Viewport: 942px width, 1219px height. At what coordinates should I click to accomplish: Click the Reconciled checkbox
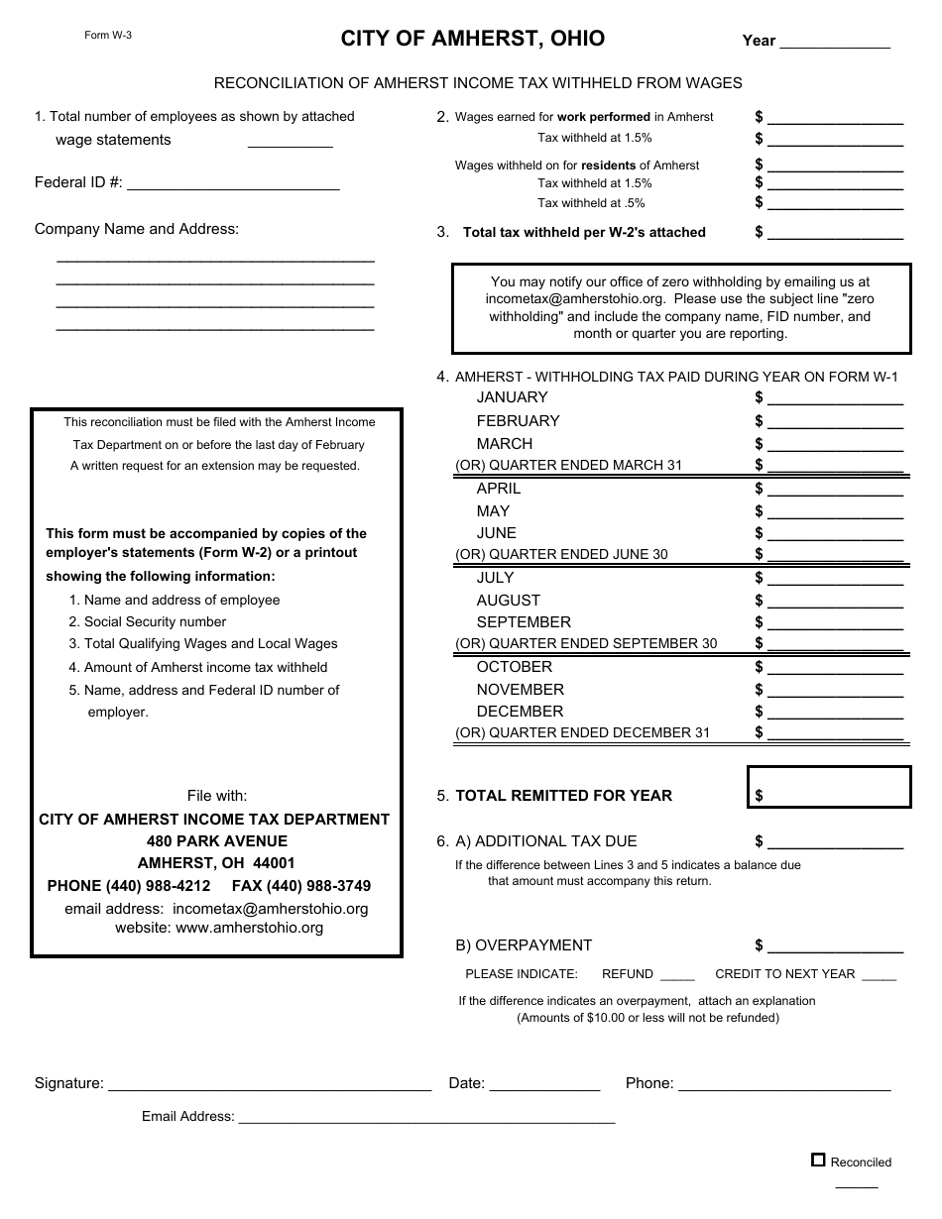pos(818,1160)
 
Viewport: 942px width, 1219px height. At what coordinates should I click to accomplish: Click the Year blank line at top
pos(835,42)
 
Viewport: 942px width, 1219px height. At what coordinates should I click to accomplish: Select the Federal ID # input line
pos(233,182)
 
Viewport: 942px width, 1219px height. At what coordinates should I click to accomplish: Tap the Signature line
pos(269,1083)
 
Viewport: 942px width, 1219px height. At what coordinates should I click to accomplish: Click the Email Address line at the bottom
pos(426,1117)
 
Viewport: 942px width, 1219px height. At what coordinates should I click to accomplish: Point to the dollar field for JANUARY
pos(835,398)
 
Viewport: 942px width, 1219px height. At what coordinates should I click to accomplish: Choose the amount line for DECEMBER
pos(835,713)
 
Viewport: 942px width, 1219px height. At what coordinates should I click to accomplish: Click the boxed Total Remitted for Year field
pos(829,788)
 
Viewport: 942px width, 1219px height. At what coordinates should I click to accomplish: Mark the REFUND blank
pos(677,974)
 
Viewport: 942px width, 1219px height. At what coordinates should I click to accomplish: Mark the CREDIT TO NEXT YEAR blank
pos(879,974)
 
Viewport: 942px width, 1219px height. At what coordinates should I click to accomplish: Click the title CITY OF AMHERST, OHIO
pos(473,39)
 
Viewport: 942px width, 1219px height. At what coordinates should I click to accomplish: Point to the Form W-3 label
pos(108,35)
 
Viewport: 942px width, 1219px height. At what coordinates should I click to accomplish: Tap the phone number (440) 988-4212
pos(129,886)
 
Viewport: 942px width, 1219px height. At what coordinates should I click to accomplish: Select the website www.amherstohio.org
pos(249,929)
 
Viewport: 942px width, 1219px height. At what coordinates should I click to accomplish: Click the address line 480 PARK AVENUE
pos(216,841)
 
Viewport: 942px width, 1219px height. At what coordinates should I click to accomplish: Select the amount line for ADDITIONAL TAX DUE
pos(835,842)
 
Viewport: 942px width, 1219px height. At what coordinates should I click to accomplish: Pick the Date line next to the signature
pos(544,1083)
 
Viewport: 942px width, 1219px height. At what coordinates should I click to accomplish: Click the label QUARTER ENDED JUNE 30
pos(561,555)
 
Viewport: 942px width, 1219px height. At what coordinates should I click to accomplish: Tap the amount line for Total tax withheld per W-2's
pos(835,233)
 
